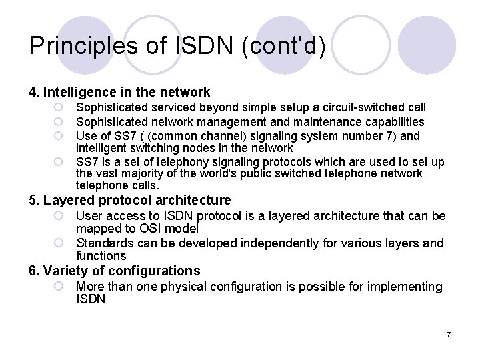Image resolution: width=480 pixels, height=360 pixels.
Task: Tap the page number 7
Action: [x=449, y=333]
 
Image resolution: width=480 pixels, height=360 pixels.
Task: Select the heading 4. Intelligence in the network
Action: [x=119, y=92]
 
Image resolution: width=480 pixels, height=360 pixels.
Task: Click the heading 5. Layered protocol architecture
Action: [x=129, y=200]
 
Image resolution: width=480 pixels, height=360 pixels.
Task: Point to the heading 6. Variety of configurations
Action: [x=114, y=271]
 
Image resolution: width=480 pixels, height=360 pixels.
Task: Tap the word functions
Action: [x=101, y=255]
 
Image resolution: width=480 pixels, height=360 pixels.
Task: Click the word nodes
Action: [x=193, y=148]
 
